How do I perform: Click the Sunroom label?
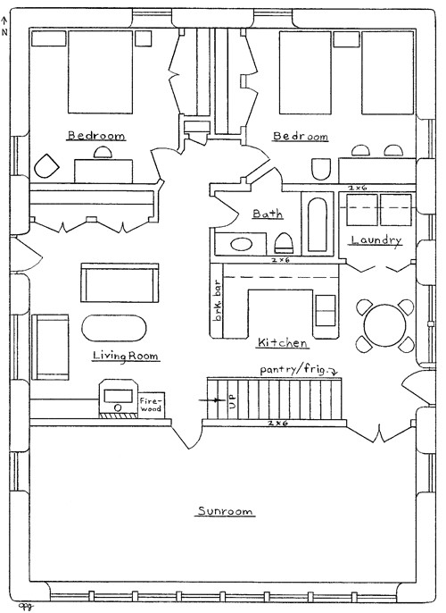click(225, 512)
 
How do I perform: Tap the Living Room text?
click(126, 356)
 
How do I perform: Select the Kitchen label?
click(283, 343)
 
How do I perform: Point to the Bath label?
click(268, 214)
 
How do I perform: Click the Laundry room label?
click(376, 240)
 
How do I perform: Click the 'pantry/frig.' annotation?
click(297, 368)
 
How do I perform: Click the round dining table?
click(385, 323)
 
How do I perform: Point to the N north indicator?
click(5, 27)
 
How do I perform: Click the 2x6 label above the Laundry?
click(358, 189)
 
